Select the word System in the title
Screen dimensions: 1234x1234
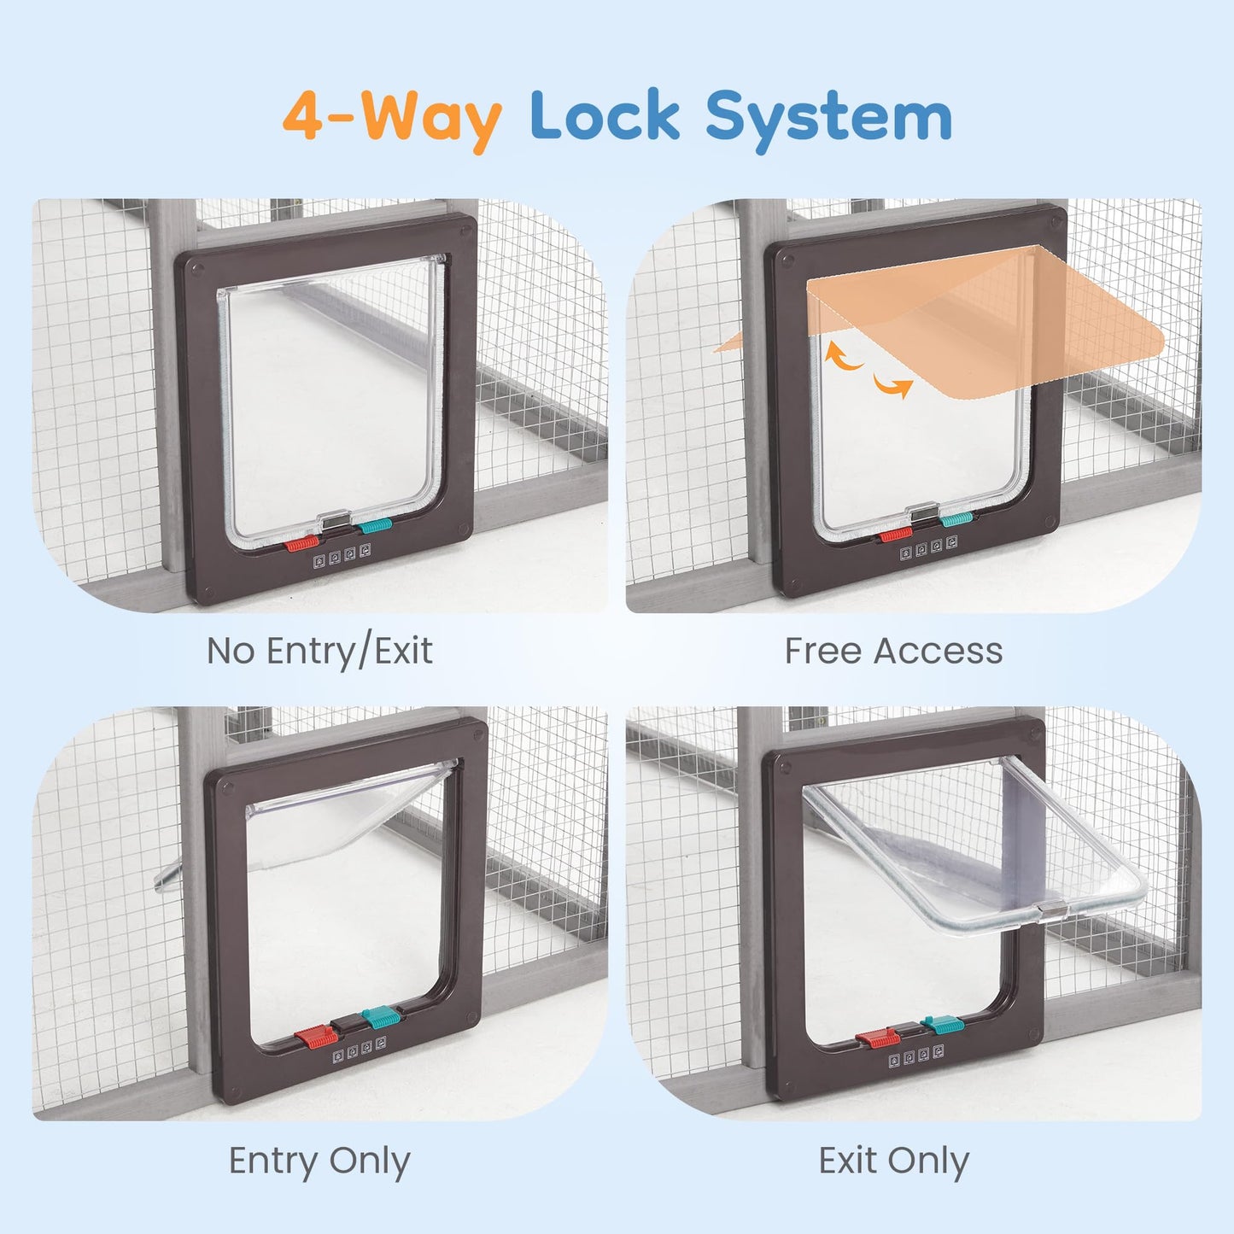(x=828, y=120)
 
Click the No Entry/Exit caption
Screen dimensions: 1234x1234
(x=319, y=652)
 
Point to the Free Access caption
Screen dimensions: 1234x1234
(x=893, y=651)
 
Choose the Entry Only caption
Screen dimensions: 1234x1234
(x=319, y=1161)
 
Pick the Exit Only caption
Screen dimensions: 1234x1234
(x=894, y=1161)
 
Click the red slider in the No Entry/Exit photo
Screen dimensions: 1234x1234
(x=301, y=544)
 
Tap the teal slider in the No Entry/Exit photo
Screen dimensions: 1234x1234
(x=375, y=526)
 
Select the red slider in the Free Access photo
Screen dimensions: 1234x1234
(x=895, y=535)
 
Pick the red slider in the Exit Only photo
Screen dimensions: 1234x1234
(x=877, y=1037)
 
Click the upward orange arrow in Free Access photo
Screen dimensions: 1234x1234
(x=844, y=356)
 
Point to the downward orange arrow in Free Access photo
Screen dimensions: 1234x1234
(x=893, y=385)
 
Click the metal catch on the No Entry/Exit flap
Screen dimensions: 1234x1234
(x=336, y=518)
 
